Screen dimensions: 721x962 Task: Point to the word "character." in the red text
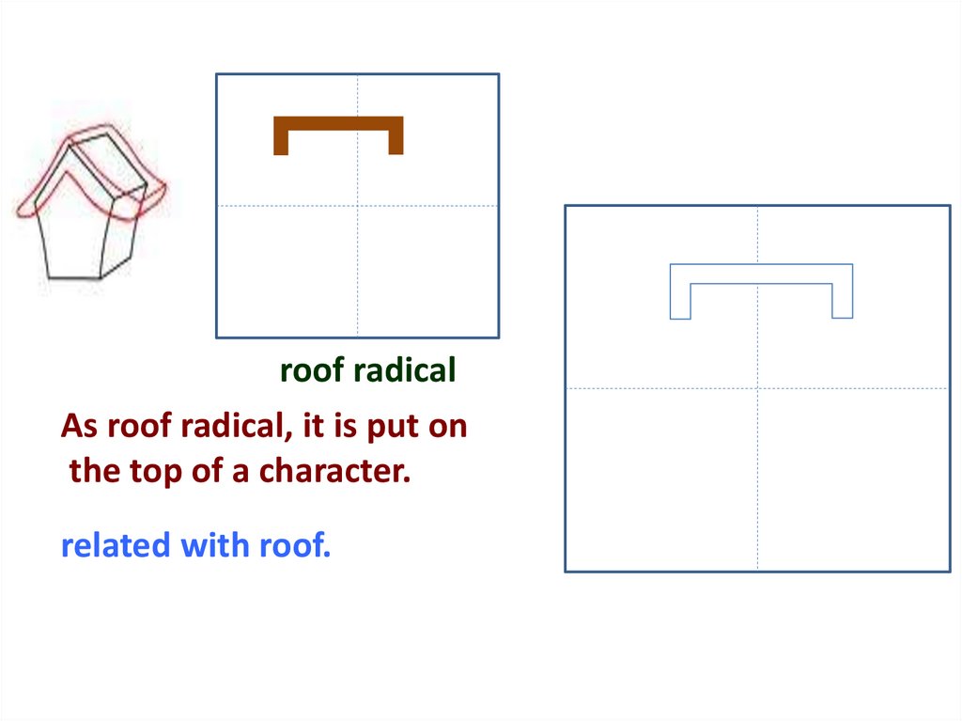(x=334, y=471)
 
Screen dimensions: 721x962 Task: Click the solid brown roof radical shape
(x=338, y=123)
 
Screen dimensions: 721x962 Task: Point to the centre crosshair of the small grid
(x=357, y=206)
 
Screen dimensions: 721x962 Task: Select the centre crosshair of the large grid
(x=757, y=388)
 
